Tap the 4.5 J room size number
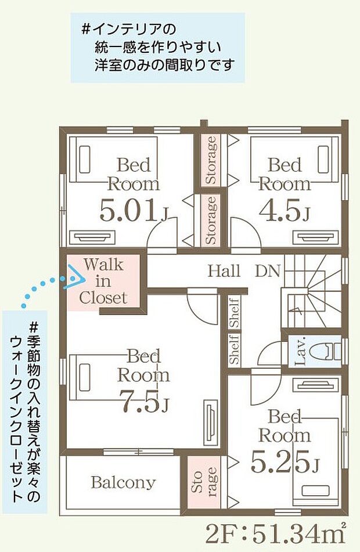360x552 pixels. [x=285, y=211]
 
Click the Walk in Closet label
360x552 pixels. [x=103, y=281]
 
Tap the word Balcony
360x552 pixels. [x=123, y=482]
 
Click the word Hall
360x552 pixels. [x=224, y=271]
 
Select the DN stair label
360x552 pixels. [x=268, y=271]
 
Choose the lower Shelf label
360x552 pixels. [x=235, y=348]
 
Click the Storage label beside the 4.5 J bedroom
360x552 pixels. [x=211, y=160]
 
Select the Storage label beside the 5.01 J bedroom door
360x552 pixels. [x=211, y=220]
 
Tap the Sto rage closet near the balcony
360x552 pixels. [x=204, y=482]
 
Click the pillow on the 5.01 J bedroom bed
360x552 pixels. [x=85, y=160]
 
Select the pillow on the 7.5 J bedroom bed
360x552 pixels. [x=85, y=377]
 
